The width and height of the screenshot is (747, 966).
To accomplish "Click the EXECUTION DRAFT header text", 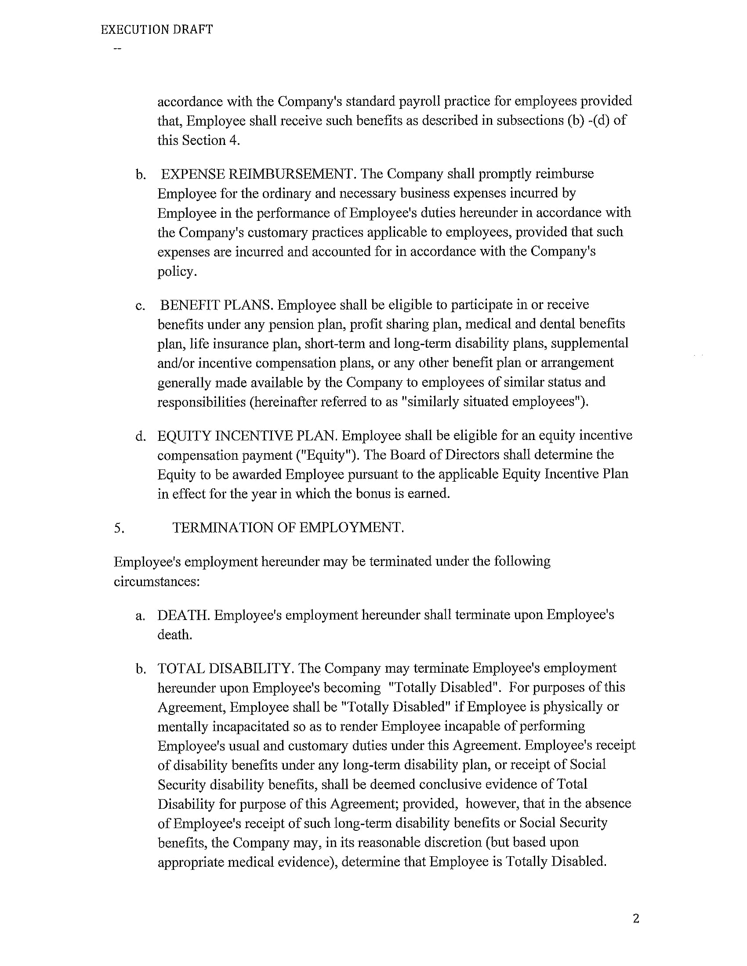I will [x=157, y=29].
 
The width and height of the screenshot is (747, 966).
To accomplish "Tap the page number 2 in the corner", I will [x=636, y=919].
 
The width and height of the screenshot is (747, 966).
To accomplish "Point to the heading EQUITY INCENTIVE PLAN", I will [x=247, y=436].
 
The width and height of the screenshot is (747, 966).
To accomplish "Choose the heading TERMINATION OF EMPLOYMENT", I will [x=288, y=527].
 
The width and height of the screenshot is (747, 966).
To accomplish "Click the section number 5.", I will [x=119, y=528].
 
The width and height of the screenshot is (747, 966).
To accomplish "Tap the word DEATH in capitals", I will [x=184, y=615].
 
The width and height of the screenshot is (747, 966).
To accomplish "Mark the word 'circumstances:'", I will [x=157, y=581].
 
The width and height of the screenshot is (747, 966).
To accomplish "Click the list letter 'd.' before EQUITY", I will [x=141, y=436].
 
